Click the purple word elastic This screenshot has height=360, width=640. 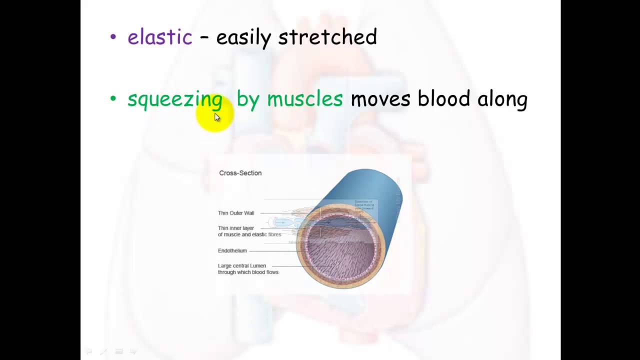(159, 37)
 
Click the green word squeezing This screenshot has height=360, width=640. (174, 99)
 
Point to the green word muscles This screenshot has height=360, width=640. (304, 98)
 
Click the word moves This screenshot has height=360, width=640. (380, 98)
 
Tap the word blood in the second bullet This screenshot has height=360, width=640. (443, 98)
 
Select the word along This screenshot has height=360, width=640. (502, 99)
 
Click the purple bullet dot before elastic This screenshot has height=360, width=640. (113, 37)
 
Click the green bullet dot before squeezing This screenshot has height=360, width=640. (113, 98)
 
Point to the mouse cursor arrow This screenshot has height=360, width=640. (217, 117)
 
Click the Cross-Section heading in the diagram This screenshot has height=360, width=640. (240, 173)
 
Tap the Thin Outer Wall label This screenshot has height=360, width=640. (236, 213)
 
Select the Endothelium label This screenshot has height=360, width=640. (232, 250)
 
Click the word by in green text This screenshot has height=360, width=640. (248, 99)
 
